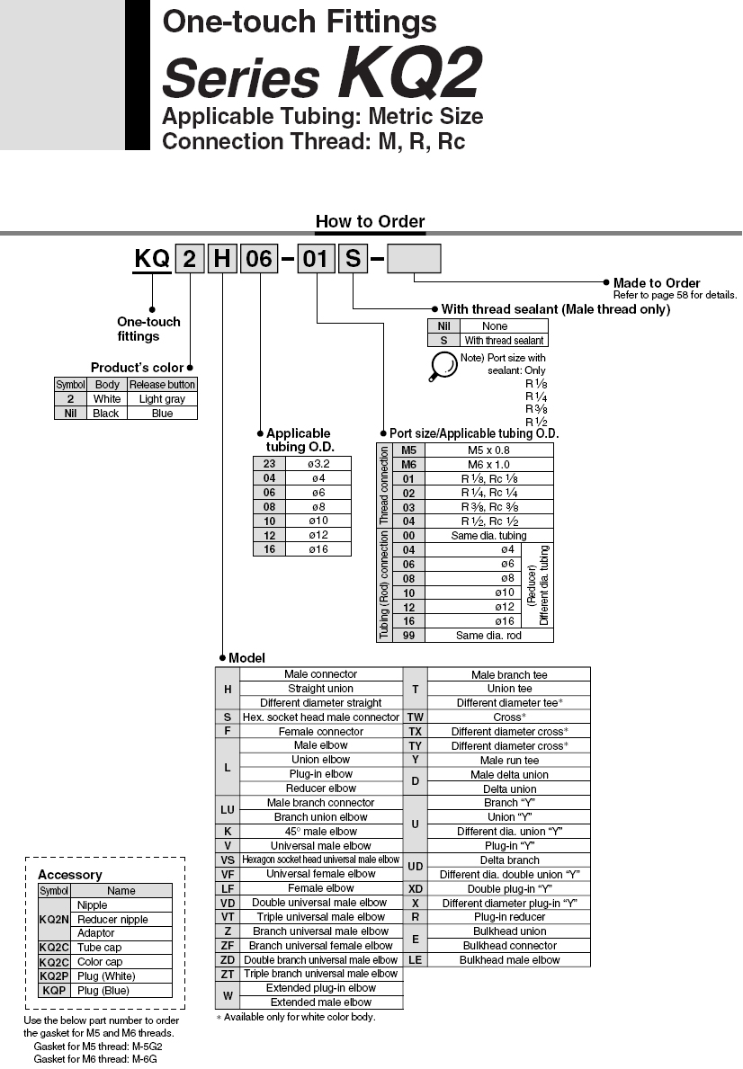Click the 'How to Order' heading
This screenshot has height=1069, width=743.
click(x=370, y=221)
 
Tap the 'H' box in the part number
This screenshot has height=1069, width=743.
click(x=221, y=260)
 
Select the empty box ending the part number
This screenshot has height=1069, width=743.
click(x=414, y=260)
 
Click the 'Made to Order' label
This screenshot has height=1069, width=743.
click(x=657, y=283)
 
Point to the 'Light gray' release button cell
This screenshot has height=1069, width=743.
click(x=162, y=398)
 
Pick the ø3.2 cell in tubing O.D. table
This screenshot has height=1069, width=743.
click(x=319, y=463)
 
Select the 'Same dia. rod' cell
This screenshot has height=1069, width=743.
click(x=488, y=635)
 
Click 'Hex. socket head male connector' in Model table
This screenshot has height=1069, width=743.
click(x=321, y=717)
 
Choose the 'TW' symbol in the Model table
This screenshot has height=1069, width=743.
click(x=415, y=717)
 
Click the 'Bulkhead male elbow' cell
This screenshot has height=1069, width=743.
click(x=509, y=959)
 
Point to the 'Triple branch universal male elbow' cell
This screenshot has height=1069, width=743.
click(x=321, y=974)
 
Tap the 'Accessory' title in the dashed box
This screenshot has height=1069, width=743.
click(x=69, y=875)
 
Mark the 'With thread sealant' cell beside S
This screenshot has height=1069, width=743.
click(x=504, y=341)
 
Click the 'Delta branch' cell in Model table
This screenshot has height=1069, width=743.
click(x=509, y=860)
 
